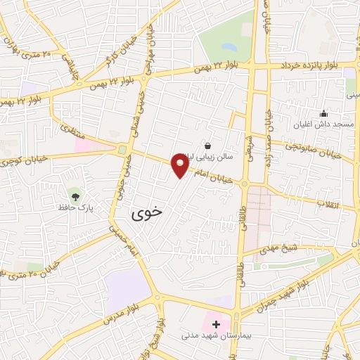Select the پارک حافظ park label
point(76,209)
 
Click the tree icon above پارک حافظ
point(75,194)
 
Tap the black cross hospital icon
point(216,325)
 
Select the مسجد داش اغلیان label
point(324,124)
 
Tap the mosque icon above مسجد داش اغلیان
point(323,112)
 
